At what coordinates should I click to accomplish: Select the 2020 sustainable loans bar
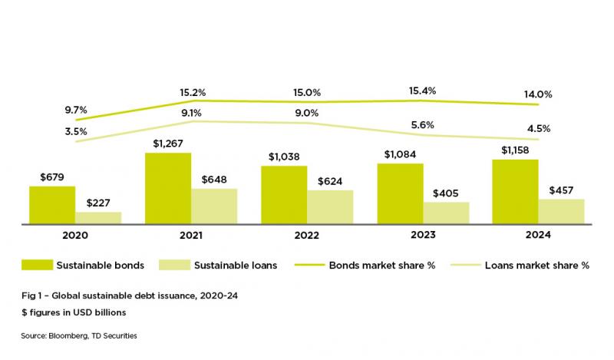98,218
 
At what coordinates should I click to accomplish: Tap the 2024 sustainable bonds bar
515,192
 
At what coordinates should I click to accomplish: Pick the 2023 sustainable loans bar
446,213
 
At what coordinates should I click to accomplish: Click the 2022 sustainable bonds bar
284,195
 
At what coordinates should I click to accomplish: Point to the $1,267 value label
168,143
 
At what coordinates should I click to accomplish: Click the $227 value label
98,203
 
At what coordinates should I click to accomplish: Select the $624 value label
331,180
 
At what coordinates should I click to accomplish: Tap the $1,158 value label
515,150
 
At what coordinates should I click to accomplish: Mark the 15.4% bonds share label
423,91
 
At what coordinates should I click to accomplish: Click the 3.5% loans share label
75,131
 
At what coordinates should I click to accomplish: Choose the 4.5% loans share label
540,128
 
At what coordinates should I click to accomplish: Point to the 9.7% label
75,110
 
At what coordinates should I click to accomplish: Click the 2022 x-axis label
307,235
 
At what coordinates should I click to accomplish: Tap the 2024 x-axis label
538,235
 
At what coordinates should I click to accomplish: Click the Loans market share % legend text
536,266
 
